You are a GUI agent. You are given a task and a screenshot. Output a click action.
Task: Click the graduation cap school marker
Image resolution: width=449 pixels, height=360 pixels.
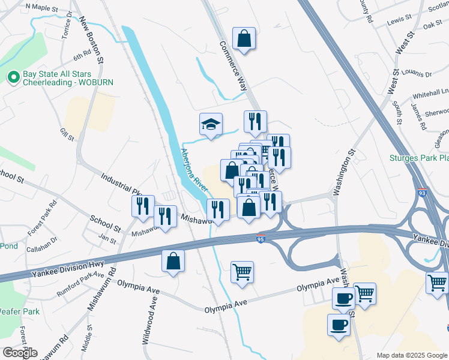click(x=211, y=124)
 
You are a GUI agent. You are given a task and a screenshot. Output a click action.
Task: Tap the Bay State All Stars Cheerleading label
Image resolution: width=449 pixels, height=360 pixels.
click(x=68, y=79)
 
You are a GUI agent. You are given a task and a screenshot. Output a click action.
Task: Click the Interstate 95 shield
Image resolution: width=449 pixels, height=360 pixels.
click(x=261, y=238)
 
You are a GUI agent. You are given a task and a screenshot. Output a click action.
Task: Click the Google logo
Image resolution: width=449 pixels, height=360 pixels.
click(x=20, y=353)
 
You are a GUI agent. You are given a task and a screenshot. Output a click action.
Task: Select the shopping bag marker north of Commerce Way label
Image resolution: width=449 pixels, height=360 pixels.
click(x=244, y=38)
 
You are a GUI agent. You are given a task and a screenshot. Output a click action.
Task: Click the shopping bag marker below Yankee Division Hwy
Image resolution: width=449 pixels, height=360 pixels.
click(x=173, y=261)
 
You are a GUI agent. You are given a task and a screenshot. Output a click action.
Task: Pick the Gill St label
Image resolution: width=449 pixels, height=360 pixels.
click(x=67, y=134)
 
